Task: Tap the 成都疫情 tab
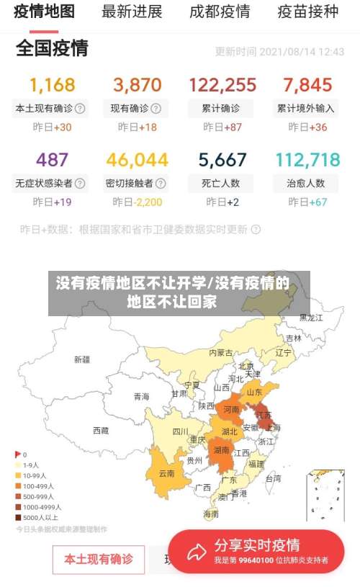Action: click(220, 12)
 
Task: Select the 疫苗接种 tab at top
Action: click(307, 12)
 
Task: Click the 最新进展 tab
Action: click(132, 12)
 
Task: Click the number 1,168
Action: click(52, 85)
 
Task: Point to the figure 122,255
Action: click(222, 85)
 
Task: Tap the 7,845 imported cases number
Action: click(307, 85)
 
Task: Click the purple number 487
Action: click(52, 160)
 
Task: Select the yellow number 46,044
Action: click(137, 160)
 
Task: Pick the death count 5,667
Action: click(222, 160)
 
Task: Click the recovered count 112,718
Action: click(307, 160)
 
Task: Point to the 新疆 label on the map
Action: click(82, 359)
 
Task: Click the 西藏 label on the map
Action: click(101, 430)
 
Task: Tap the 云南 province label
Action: click(166, 473)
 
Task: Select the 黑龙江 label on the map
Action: click(312, 317)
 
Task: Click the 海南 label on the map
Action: click(211, 514)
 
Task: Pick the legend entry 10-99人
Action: click(34, 476)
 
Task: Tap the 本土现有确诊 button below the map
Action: click(98, 560)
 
